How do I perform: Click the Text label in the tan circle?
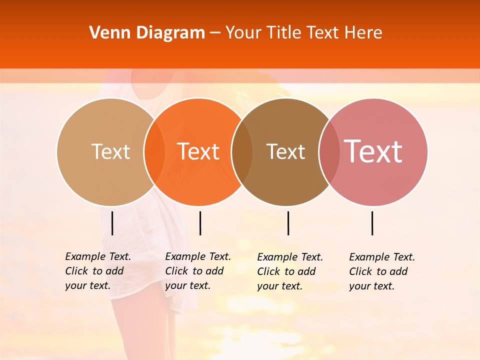(110, 151)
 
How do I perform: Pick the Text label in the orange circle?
(198, 151)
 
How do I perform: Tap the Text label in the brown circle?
(286, 151)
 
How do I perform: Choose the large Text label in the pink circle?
(373, 151)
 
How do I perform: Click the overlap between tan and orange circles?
(154, 151)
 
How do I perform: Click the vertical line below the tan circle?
(112, 223)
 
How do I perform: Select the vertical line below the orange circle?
(200, 223)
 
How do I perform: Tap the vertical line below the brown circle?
(288, 223)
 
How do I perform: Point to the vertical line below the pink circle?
(372, 223)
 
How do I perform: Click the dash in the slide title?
(215, 33)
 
